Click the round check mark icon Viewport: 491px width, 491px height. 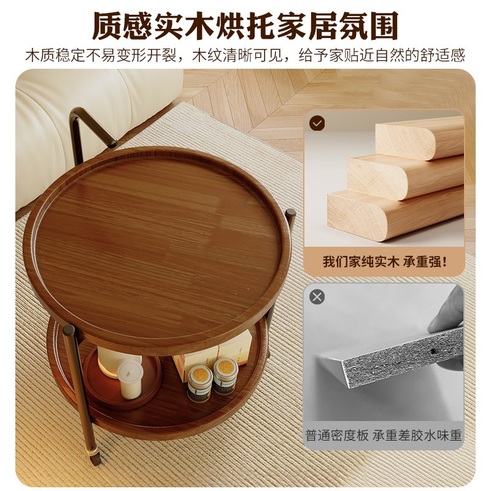pos(317,123)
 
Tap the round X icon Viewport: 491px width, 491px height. pos(317,297)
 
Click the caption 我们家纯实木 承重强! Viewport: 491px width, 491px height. pos(385,261)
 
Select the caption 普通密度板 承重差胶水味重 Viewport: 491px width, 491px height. pos(384,436)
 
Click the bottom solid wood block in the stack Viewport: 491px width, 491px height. pos(393,212)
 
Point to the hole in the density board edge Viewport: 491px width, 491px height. pos(434,352)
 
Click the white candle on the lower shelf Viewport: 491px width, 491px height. pos(130,379)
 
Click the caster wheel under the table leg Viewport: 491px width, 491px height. pos(95,457)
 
